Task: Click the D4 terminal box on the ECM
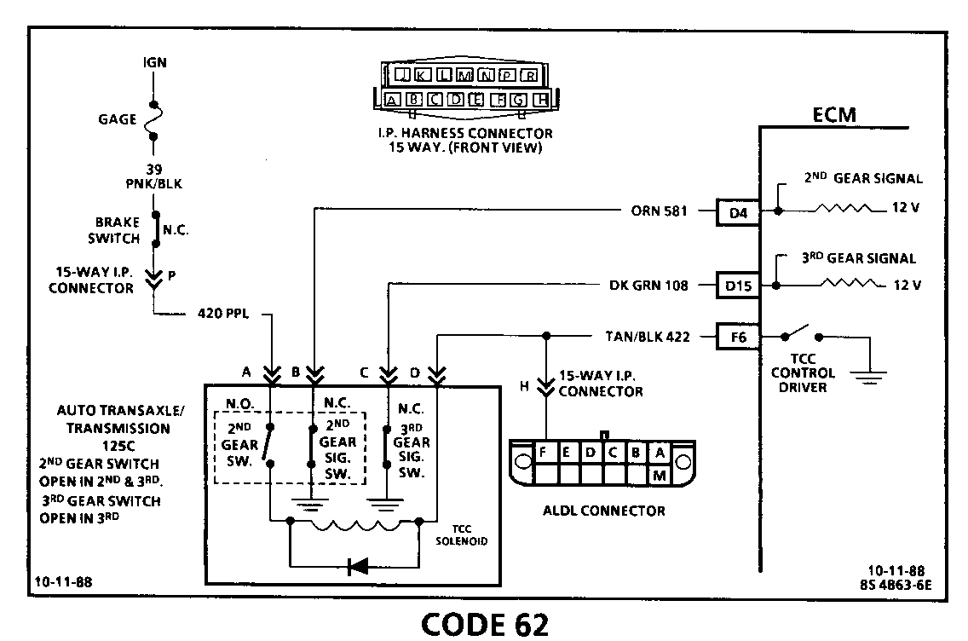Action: click(738, 211)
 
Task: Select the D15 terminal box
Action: click(738, 286)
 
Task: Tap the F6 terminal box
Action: click(738, 337)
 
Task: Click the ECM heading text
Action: click(834, 115)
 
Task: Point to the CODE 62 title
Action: click(485, 624)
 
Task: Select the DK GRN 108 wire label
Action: click(649, 286)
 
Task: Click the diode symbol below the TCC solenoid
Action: click(358, 564)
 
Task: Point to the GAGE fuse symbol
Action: click(153, 120)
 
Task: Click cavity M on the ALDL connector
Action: click(659, 476)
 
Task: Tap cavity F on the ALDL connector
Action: click(543, 452)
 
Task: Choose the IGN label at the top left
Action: click(154, 63)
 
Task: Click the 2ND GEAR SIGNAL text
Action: click(862, 179)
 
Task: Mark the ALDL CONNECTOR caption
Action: click(603, 511)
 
